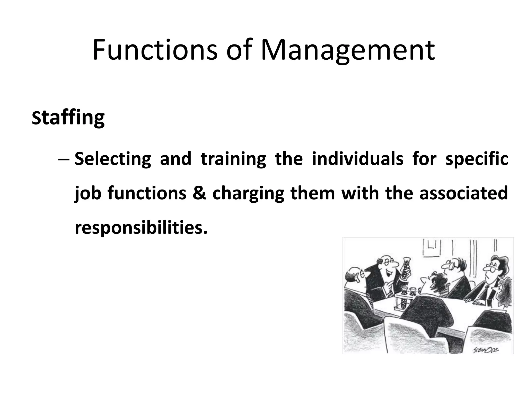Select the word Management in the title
[348, 50]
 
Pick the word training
[233, 159]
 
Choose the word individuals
[358, 159]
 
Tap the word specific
[477, 159]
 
